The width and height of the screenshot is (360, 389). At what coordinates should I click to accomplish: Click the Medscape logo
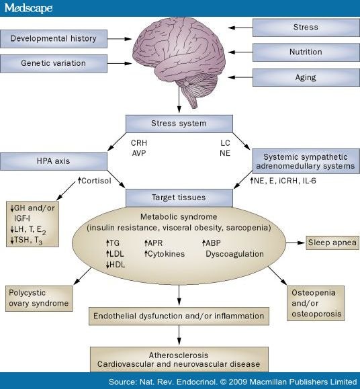[28, 8]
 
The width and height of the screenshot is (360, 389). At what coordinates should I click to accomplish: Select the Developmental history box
[54, 39]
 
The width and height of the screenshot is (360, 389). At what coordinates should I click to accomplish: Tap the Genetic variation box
[54, 64]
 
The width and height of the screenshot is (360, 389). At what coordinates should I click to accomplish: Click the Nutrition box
[306, 52]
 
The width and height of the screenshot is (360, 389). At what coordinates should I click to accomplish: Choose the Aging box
[306, 77]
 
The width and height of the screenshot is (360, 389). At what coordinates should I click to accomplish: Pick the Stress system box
[179, 124]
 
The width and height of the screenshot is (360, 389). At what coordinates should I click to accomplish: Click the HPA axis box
[54, 161]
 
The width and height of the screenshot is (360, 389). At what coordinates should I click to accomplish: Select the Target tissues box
[179, 198]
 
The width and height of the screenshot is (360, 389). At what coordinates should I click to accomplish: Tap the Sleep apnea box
[332, 243]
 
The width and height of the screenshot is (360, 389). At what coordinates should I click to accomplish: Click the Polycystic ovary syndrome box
[39, 298]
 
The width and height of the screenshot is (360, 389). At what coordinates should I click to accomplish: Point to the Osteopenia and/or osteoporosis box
[316, 303]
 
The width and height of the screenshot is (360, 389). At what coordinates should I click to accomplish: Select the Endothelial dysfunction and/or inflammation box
[179, 316]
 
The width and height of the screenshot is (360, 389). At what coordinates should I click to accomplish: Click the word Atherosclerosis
[179, 355]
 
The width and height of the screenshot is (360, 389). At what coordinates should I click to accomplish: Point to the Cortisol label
[95, 181]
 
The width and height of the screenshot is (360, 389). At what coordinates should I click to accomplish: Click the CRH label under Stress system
[139, 143]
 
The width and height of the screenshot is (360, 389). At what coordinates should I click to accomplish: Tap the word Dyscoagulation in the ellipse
[235, 254]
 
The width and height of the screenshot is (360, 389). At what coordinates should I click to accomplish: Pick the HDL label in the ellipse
[116, 265]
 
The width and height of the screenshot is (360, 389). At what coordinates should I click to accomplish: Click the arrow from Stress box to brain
[240, 28]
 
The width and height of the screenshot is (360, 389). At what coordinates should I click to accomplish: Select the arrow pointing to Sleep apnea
[296, 243]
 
